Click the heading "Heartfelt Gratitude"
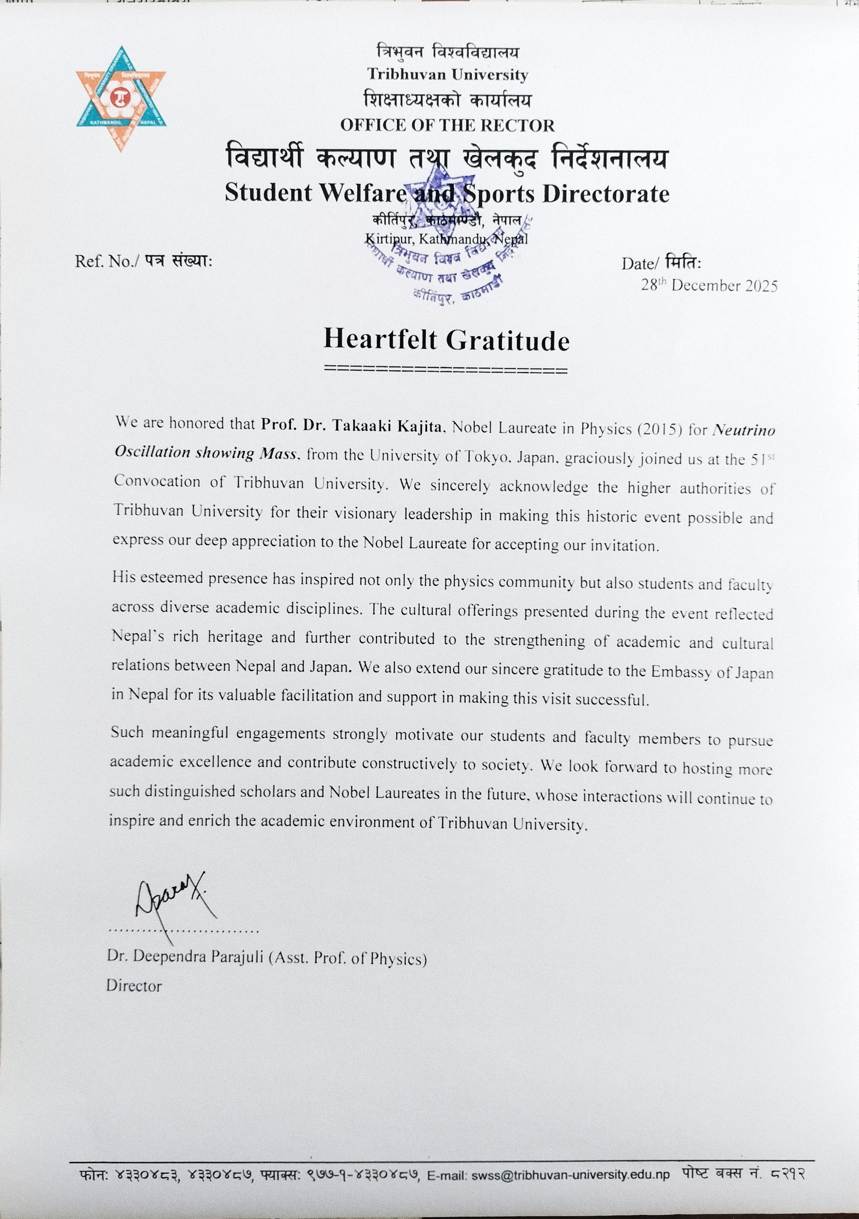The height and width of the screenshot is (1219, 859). pyautogui.click(x=446, y=340)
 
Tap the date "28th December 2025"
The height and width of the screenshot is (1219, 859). pyautogui.click(x=709, y=286)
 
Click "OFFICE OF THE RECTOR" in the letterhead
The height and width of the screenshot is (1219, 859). pyautogui.click(x=447, y=125)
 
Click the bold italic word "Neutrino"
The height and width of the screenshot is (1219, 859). pyautogui.click(x=743, y=431)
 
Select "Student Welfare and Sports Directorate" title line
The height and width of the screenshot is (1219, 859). pyautogui.click(x=447, y=193)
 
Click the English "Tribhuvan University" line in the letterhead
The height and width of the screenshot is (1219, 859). pyautogui.click(x=447, y=75)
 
